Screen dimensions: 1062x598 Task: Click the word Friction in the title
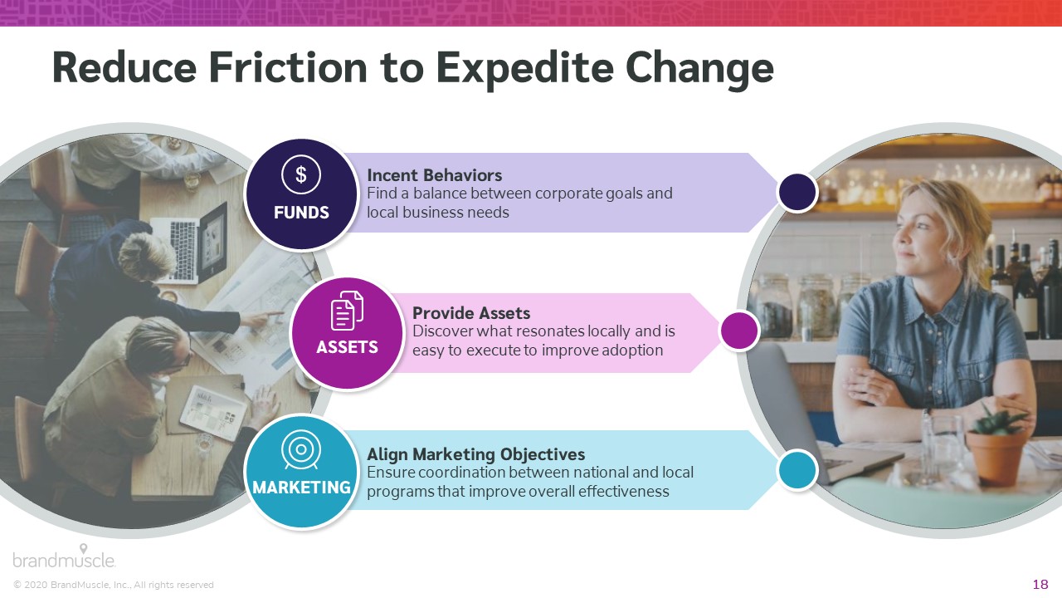point(288,68)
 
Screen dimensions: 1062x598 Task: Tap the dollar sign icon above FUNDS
point(301,174)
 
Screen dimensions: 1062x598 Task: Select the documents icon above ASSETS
point(347,311)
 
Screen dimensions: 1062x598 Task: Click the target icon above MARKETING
point(300,449)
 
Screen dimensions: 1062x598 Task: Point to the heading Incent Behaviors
point(434,175)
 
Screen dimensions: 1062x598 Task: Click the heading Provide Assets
point(471,313)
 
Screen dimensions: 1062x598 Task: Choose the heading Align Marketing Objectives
point(476,454)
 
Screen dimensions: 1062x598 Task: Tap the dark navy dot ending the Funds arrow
point(797,192)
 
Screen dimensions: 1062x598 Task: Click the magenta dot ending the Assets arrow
point(739,331)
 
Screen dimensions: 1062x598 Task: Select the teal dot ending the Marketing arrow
point(797,470)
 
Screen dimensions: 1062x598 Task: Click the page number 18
point(1040,584)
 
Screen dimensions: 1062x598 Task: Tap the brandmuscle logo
point(64,556)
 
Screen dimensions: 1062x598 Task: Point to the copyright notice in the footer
point(114,585)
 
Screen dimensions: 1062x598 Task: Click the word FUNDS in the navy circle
point(301,212)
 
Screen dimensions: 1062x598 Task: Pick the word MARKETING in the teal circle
point(301,488)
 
